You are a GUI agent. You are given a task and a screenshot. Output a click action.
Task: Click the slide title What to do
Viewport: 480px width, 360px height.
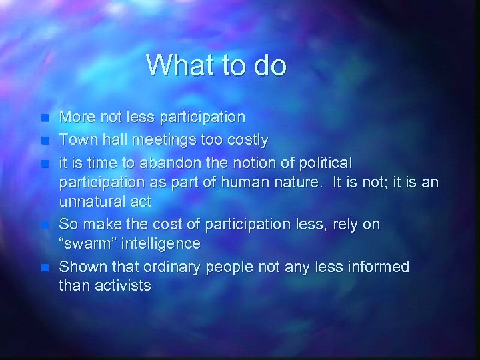[217, 65]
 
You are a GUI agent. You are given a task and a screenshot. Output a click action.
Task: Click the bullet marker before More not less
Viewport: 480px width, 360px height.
[44, 117]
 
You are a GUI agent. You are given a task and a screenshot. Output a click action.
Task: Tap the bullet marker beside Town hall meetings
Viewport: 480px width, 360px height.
[44, 140]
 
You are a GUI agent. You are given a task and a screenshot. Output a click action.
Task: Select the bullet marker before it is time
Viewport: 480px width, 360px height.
[44, 163]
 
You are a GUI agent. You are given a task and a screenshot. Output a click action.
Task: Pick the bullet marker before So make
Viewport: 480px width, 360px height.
[44, 225]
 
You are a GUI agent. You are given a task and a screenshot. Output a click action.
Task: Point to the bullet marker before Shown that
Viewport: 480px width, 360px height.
[44, 267]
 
